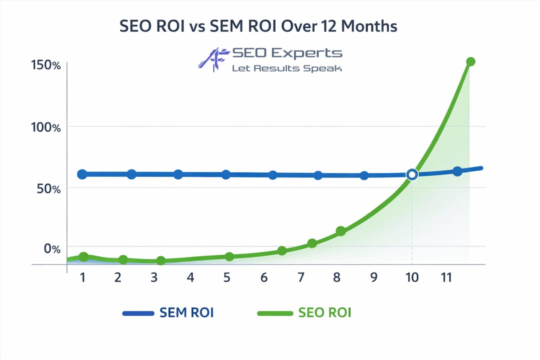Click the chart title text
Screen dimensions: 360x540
point(258,26)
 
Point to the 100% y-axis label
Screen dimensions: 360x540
point(44,127)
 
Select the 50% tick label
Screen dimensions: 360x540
point(48,189)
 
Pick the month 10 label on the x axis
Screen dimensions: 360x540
point(412,277)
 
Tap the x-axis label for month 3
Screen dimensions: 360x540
point(154,277)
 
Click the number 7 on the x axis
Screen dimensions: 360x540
point(300,277)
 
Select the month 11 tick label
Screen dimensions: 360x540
point(447,277)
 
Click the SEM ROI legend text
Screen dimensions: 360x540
point(186,313)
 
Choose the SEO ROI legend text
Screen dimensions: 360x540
point(324,313)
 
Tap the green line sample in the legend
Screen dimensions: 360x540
point(274,313)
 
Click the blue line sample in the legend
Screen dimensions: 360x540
point(138,313)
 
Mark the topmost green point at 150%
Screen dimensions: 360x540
point(470,61)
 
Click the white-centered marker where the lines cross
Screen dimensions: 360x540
point(412,174)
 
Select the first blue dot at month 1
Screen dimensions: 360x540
point(82,174)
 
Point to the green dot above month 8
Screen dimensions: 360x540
point(341,231)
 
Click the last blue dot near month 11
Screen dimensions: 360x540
point(457,171)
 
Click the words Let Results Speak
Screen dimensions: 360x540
point(286,68)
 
